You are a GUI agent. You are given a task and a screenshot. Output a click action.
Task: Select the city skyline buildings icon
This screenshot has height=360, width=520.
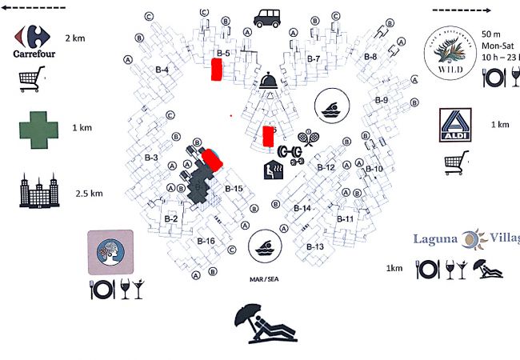click(x=38, y=191)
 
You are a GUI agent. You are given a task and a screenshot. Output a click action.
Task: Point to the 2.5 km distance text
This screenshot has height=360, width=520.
click(x=88, y=194)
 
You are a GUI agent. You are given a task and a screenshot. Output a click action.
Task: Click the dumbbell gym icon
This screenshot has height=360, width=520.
click(x=291, y=153)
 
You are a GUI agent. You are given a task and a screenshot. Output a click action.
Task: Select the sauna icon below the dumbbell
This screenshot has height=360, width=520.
click(x=272, y=170)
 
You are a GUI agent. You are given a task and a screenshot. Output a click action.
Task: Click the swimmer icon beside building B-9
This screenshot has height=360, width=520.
click(x=330, y=105)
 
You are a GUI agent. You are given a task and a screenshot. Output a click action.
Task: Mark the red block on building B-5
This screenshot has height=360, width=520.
click(x=216, y=70)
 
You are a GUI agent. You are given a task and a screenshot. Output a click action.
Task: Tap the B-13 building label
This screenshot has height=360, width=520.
click(x=315, y=247)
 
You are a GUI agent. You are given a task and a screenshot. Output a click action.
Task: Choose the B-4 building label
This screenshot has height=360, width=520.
click(x=162, y=70)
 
